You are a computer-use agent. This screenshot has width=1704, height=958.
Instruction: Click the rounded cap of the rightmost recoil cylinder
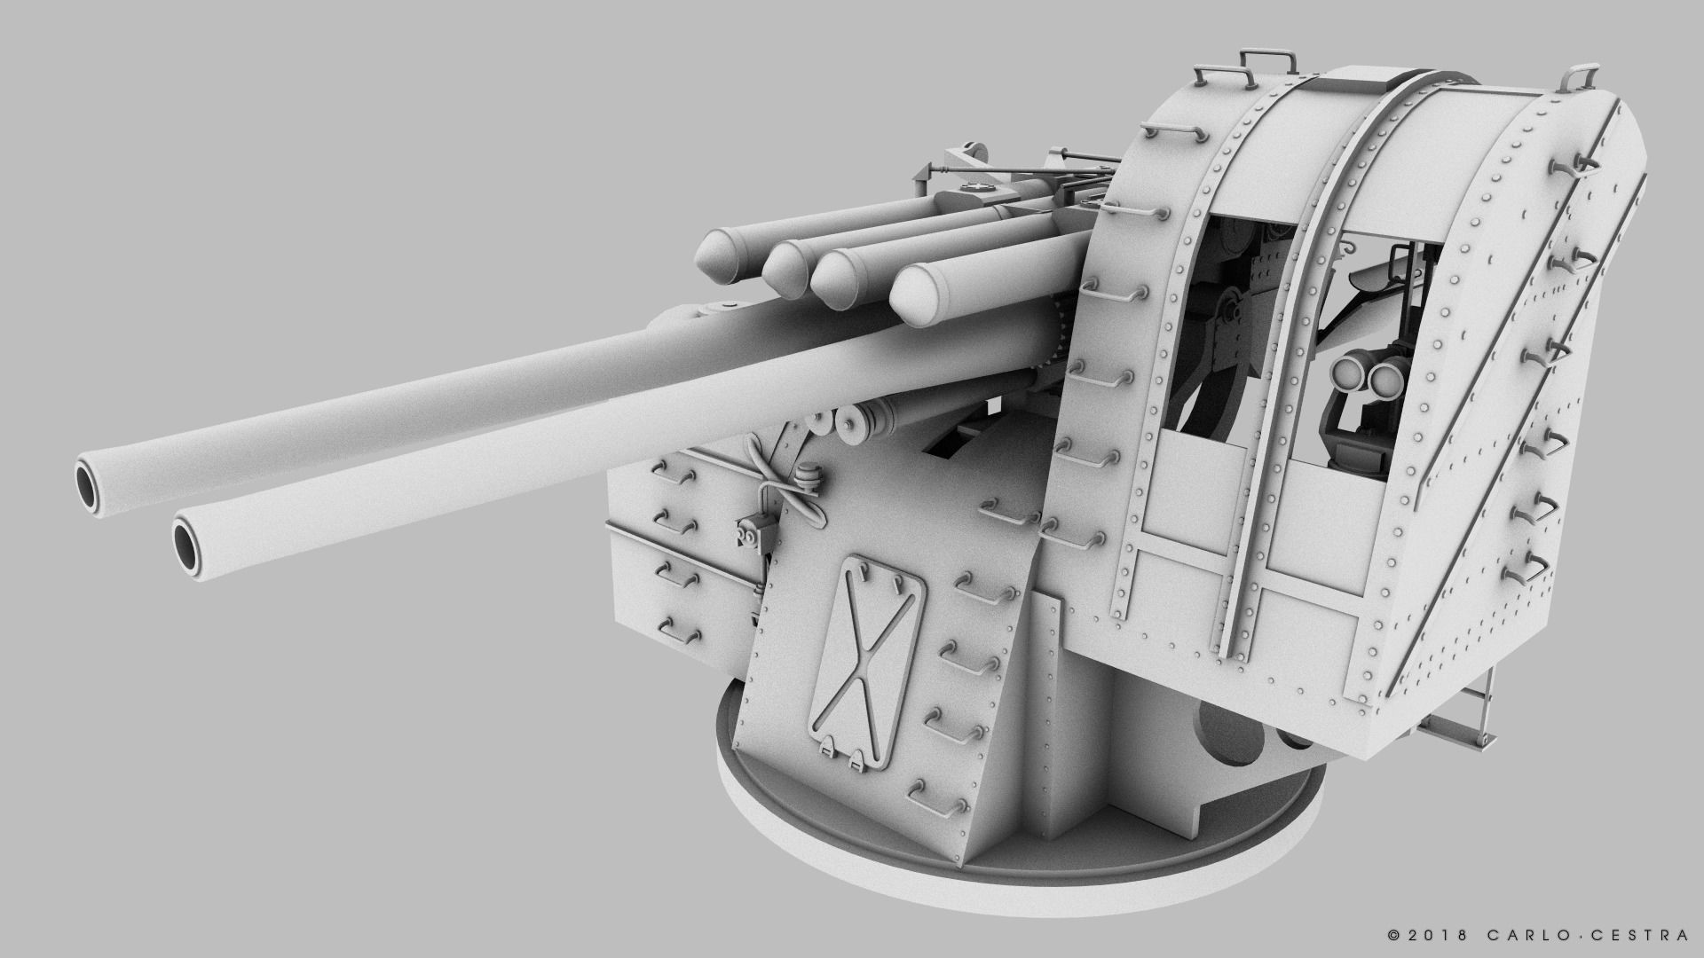(x=923, y=297)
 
